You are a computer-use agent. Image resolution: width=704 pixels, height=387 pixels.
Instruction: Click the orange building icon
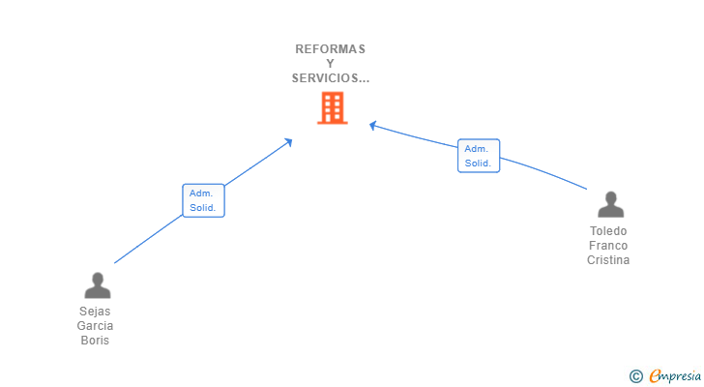[x=332, y=108]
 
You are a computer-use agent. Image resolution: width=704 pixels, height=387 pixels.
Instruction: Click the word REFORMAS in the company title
[x=331, y=49]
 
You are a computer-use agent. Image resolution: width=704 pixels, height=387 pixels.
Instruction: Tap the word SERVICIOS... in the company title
[x=331, y=78]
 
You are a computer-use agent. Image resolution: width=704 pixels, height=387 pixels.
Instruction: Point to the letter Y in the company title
[x=331, y=64]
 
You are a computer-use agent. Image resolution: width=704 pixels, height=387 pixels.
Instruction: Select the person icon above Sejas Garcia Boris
[x=97, y=285]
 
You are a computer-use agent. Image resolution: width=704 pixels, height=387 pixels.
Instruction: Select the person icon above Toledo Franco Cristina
[x=610, y=204]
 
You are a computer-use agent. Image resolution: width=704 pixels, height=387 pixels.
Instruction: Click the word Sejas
[x=95, y=312]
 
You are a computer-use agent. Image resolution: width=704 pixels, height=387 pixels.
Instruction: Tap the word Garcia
[x=95, y=326]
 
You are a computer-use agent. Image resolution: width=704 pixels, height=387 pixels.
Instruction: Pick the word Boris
[x=95, y=341]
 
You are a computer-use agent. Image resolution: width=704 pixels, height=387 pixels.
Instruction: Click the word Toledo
[x=608, y=231]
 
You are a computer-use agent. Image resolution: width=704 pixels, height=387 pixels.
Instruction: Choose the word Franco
[x=608, y=246]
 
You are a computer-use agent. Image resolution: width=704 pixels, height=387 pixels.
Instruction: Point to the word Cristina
[x=608, y=260]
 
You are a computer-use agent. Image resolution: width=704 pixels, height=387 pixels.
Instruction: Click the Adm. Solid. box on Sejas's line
[x=203, y=200]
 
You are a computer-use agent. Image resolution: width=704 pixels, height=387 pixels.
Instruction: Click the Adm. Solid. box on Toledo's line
[x=478, y=156]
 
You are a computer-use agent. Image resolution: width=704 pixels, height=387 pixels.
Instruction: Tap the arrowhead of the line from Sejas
[x=288, y=142]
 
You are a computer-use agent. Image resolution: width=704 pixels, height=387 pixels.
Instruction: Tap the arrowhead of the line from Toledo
[x=373, y=125]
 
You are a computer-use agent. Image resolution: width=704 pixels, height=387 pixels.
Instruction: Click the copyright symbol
[x=635, y=375]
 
